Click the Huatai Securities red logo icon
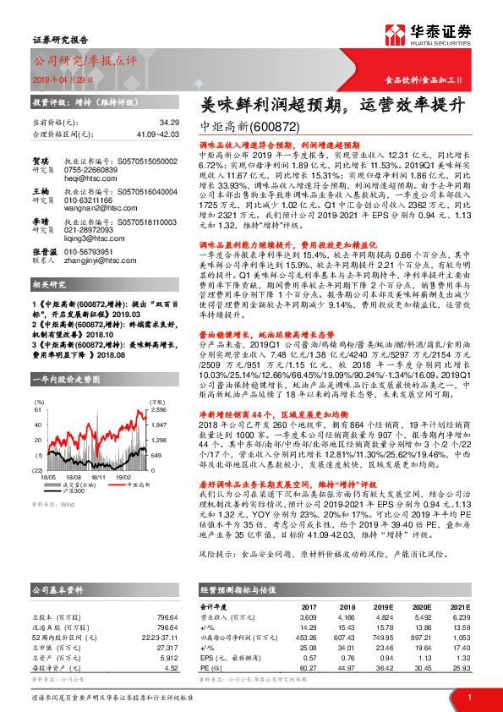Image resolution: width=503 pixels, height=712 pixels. pos(396,33)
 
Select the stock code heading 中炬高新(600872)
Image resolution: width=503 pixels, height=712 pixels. pos(250,125)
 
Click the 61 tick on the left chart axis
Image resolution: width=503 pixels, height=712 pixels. pos(37,409)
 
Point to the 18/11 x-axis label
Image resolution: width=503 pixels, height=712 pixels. pos(99,476)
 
